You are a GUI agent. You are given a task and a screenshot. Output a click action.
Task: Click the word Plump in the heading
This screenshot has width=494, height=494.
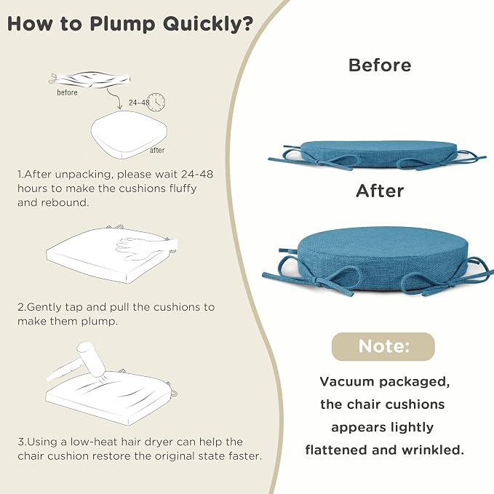[x=122, y=24]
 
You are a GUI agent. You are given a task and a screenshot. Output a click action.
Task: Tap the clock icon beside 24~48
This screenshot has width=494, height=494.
[x=156, y=102]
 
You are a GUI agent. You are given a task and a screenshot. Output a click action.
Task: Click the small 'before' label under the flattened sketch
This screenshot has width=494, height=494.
[x=67, y=92]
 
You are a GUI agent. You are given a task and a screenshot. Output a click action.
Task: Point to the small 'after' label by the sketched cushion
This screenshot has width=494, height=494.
[x=157, y=151]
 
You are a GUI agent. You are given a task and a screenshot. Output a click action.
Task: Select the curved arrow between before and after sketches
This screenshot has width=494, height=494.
[x=115, y=97]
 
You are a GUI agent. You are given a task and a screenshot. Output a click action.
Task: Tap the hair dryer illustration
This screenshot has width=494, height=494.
[x=79, y=362]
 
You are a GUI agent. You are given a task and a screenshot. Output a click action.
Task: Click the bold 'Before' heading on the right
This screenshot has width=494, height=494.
[x=380, y=65]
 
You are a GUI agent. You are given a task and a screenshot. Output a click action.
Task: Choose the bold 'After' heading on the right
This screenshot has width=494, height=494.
[x=380, y=191]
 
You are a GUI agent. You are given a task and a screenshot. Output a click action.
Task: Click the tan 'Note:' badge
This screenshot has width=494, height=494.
[x=383, y=346]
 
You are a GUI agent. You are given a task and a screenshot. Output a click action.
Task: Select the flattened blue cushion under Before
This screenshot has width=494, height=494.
[x=377, y=155]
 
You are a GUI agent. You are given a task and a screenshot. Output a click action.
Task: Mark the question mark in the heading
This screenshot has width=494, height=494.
[x=248, y=23]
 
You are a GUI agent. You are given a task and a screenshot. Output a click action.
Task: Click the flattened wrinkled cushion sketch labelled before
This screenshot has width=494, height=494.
[x=89, y=79]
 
